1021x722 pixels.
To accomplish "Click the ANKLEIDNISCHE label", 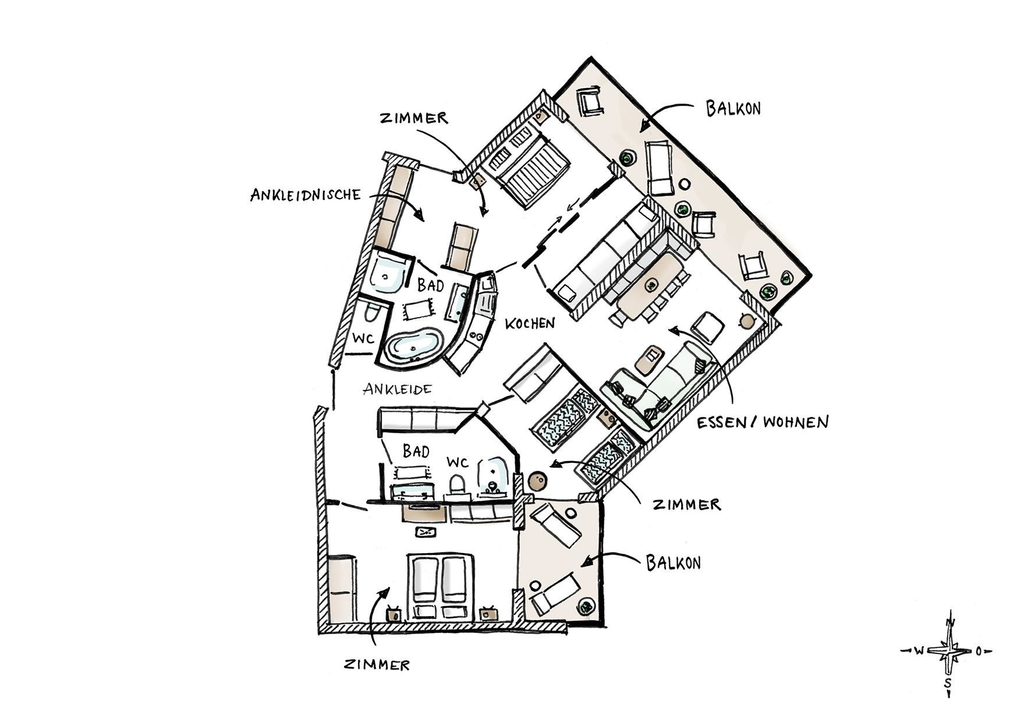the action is pyautogui.click(x=306, y=194).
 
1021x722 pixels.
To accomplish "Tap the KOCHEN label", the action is pyautogui.click(x=530, y=323).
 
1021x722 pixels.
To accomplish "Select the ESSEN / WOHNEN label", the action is pyautogui.click(x=763, y=422).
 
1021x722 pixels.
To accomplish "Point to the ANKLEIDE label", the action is pyautogui.click(x=398, y=388).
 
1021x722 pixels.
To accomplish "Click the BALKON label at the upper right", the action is pyautogui.click(x=733, y=108).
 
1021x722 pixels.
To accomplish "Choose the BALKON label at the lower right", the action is pyautogui.click(x=673, y=562).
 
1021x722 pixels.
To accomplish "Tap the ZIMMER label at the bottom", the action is pyautogui.click(x=377, y=664).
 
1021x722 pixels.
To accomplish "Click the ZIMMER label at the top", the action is pyautogui.click(x=414, y=118).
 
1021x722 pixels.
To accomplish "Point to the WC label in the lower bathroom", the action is pyautogui.click(x=458, y=462).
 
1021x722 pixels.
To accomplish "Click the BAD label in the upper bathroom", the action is pyautogui.click(x=431, y=285).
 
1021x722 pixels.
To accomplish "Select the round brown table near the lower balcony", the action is pyautogui.click(x=536, y=482).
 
